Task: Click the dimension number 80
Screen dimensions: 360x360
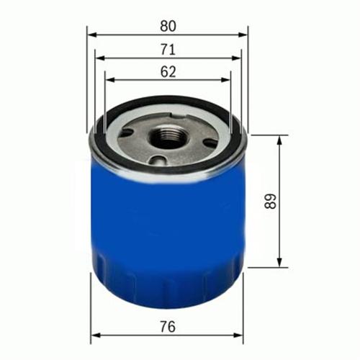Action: click(168, 25)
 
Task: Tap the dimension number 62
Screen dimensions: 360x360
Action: click(168, 71)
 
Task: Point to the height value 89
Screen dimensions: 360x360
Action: click(270, 201)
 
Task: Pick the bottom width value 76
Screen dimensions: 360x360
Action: click(168, 326)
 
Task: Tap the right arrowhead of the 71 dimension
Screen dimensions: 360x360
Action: click(237, 58)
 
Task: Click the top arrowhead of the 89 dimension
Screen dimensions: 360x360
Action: click(279, 138)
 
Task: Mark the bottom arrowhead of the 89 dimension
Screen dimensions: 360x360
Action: click(279, 264)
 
